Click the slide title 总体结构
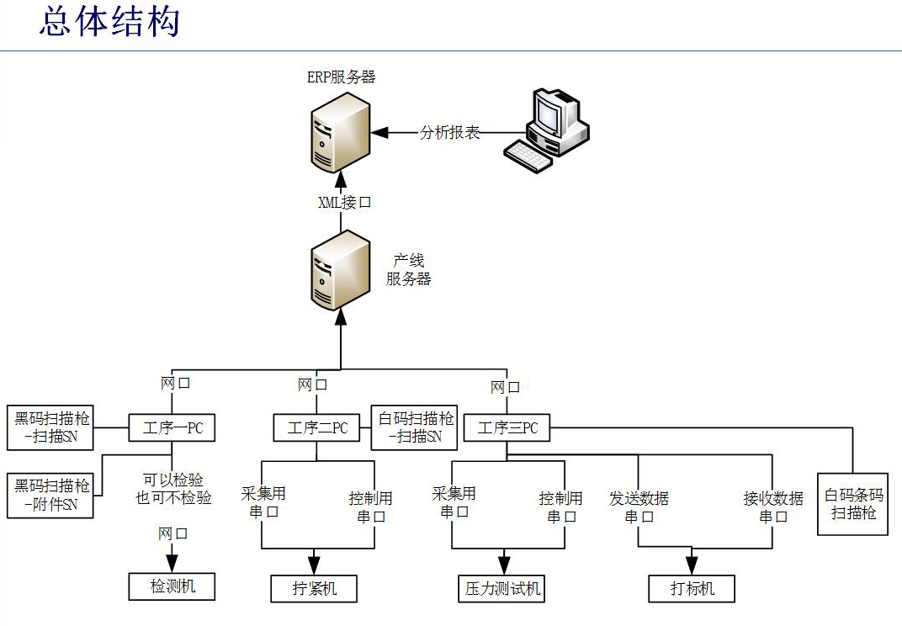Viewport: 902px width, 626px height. [109, 23]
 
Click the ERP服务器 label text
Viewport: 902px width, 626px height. [341, 77]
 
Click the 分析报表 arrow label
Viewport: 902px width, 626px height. [450, 132]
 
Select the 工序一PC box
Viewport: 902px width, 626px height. [171, 427]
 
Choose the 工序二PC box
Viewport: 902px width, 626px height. [316, 427]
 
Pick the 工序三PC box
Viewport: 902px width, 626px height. [507, 427]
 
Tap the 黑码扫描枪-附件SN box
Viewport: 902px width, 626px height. [50, 496]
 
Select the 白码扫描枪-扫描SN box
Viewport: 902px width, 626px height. [416, 427]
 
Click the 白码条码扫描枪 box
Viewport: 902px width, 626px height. [853, 503]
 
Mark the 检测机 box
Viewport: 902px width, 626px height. [172, 586]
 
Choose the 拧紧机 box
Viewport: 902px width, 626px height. [314, 588]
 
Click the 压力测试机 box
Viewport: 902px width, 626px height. [503, 588]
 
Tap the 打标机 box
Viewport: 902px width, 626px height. [692, 588]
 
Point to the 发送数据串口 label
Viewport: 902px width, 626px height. [639, 507]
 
